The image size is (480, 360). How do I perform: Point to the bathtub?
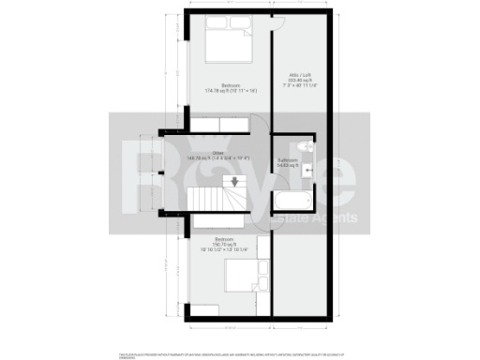[x=291, y=197]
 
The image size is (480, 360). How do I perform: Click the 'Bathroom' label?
[x=288, y=160]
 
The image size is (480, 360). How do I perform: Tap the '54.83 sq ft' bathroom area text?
[x=288, y=166]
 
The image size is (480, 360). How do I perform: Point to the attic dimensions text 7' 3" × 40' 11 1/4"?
[x=302, y=86]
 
